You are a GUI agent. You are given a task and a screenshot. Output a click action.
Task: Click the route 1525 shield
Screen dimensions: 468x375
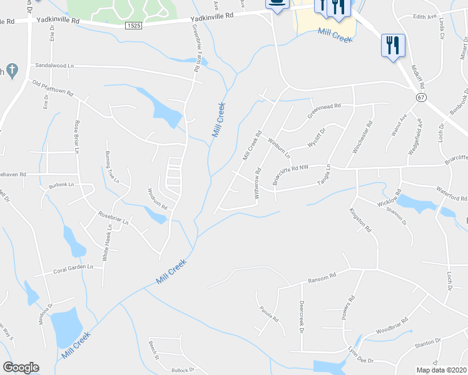point(133,26)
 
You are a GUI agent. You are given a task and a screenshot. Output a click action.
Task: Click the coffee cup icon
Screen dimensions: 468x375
point(276,3)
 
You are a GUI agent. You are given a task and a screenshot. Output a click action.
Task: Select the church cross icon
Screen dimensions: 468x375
point(11,71)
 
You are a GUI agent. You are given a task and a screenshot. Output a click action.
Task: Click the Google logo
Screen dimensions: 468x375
point(21,367)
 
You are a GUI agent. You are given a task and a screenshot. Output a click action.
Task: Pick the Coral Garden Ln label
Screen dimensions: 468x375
point(73,267)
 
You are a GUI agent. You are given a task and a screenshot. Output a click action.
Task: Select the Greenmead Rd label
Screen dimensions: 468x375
point(323,110)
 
